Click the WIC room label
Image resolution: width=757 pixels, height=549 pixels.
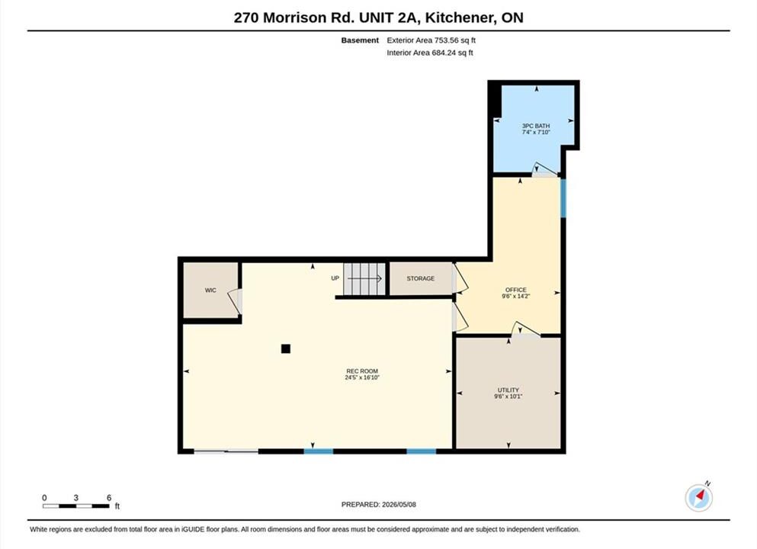[210, 291]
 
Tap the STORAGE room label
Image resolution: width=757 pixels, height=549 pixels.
[421, 278]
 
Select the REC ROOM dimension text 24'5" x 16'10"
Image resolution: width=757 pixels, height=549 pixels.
[362, 377]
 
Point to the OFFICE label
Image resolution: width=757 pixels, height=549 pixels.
[516, 290]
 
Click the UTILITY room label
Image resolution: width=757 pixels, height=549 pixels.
[508, 390]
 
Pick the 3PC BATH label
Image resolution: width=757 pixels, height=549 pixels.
[536, 126]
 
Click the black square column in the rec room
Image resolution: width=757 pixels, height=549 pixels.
[286, 348]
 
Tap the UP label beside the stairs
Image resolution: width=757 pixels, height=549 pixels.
[335, 278]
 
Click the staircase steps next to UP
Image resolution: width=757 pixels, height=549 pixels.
[364, 278]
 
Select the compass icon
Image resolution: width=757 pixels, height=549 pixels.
[698, 497]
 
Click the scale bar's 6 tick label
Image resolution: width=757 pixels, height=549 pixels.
[109, 497]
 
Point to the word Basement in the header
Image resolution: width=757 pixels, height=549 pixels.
[360, 40]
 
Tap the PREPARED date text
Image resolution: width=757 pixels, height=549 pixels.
[378, 505]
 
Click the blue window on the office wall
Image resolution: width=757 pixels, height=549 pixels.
[563, 198]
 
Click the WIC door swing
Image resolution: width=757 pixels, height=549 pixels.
[235, 302]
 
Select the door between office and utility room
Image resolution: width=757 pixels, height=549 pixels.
[526, 329]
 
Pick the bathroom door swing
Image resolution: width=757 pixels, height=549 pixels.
[544, 169]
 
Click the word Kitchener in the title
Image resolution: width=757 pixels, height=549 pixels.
[460, 18]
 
